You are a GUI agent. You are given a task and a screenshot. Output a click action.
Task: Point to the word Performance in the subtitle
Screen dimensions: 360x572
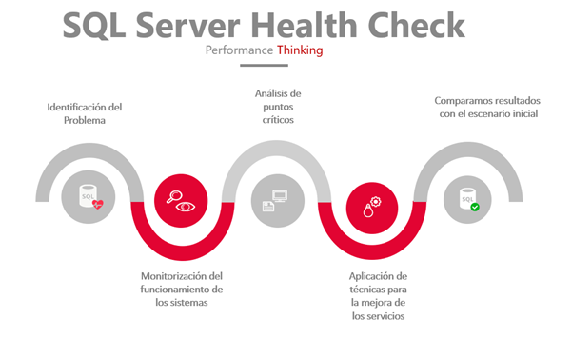coord(239,50)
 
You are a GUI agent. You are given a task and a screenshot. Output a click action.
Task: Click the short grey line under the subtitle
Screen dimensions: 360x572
coord(264,66)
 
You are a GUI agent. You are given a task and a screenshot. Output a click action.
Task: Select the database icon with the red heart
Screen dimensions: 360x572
coord(87,199)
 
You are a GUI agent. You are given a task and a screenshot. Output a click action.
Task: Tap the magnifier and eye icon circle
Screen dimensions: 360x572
coord(180,201)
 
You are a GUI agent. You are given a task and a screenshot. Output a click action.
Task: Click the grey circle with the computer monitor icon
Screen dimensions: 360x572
coord(276,201)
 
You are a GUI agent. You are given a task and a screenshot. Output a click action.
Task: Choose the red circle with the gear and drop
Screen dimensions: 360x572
coord(370,201)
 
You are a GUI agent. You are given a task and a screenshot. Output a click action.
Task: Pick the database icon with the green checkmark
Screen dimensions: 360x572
coord(469,199)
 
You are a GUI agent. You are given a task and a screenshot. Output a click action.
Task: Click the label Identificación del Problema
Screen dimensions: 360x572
coord(85,113)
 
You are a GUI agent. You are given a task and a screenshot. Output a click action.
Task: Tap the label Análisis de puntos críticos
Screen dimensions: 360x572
coord(278,107)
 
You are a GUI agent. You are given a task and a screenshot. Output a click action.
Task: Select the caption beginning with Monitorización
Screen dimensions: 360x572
coord(181,289)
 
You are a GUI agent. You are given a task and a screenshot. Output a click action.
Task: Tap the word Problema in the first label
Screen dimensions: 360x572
coord(85,120)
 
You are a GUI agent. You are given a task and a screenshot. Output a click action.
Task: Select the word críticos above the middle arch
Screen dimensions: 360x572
coord(278,121)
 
